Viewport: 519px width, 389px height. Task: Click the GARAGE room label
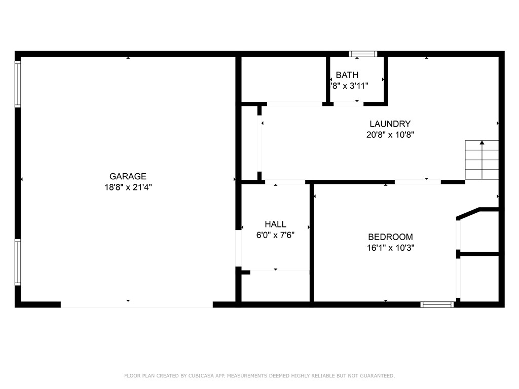tap(128, 176)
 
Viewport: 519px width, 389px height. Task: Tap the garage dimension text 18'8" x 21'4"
tap(128, 187)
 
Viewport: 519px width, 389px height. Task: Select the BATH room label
tap(347, 75)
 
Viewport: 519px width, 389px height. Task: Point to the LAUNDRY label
tap(389, 124)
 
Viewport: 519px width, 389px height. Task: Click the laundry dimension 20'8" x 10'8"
tap(389, 135)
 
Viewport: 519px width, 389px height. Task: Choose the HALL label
tap(275, 224)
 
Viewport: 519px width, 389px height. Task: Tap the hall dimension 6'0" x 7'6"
tap(275, 235)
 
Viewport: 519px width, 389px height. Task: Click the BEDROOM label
tap(390, 237)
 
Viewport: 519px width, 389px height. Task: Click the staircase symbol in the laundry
tap(481, 160)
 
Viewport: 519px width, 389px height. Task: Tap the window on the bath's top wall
tap(363, 54)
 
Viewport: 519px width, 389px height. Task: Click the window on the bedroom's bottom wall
tap(437, 304)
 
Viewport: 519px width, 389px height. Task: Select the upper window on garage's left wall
tap(18, 84)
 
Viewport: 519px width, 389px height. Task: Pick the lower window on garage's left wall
tap(18, 262)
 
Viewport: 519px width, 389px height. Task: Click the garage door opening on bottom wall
tap(136, 304)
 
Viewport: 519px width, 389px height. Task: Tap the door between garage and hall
tap(238, 248)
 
